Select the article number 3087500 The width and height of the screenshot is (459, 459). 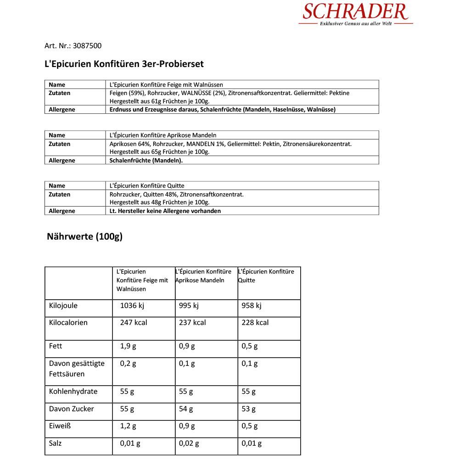click(87, 45)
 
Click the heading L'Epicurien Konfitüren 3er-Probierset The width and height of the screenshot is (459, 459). click(124, 64)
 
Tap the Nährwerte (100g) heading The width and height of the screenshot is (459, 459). click(84, 236)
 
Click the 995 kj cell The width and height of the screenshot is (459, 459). click(189, 306)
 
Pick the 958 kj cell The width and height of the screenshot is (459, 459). click(251, 306)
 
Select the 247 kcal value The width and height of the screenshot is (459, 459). click(134, 323)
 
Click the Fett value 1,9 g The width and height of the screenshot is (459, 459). click(128, 346)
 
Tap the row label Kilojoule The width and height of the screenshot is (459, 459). click(63, 306)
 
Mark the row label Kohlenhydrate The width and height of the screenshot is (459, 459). click(73, 392)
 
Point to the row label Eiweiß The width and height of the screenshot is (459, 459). click(60, 426)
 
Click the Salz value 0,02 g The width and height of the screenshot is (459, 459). click(189, 443)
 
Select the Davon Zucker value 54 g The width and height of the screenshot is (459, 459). click(186, 409)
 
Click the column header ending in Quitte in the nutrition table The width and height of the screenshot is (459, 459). click(266, 276)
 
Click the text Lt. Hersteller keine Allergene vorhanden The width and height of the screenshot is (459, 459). click(165, 211)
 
